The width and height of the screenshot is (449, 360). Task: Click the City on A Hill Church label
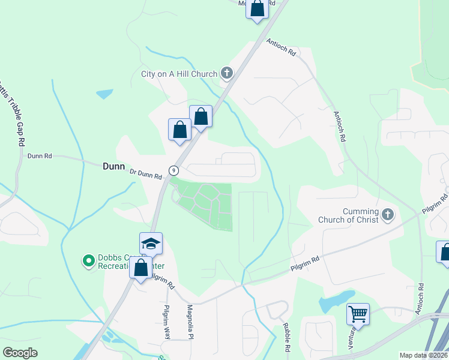[178, 74]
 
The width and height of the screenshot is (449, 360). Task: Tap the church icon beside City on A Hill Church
[226, 74]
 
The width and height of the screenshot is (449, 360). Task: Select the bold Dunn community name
[112, 169]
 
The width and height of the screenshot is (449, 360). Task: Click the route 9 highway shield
[173, 170]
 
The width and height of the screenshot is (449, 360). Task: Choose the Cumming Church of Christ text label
[361, 215]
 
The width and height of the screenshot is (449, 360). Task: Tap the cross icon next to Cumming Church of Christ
[388, 214]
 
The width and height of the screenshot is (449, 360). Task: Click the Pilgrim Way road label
[166, 322]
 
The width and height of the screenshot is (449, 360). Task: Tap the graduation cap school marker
[151, 243]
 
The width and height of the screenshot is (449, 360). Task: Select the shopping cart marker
[358, 313]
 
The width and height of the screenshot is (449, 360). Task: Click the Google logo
[20, 353]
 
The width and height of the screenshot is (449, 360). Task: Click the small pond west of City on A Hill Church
[104, 94]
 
